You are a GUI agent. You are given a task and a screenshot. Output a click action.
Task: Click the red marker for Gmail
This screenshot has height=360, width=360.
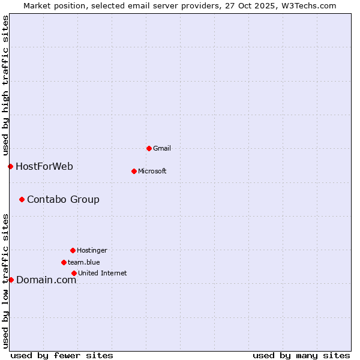(x=149, y=148)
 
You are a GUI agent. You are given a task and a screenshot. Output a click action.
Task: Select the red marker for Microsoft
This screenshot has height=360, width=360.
(x=134, y=171)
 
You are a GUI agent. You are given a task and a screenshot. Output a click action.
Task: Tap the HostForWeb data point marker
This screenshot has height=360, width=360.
(x=10, y=166)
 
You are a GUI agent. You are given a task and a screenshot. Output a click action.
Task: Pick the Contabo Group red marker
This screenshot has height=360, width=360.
(x=22, y=199)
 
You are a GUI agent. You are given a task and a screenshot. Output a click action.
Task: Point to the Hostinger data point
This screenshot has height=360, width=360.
(x=73, y=250)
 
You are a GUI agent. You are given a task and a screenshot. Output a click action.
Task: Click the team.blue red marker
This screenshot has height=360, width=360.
(x=64, y=262)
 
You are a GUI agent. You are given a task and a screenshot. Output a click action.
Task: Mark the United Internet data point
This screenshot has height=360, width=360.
(x=74, y=273)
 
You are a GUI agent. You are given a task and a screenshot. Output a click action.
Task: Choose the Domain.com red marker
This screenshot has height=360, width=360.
(x=11, y=280)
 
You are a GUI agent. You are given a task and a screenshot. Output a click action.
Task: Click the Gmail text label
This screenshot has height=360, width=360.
(x=162, y=148)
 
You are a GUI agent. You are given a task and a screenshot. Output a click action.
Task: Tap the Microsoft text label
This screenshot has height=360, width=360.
(x=152, y=171)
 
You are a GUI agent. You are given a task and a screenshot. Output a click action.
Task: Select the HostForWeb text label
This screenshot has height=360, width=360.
(x=44, y=166)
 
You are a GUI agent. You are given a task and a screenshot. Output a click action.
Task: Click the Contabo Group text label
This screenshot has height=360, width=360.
(x=63, y=199)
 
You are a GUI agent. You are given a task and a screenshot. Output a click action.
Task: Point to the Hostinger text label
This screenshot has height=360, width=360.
(x=92, y=250)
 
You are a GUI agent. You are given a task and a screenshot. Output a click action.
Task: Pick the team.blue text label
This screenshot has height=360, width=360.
(x=84, y=262)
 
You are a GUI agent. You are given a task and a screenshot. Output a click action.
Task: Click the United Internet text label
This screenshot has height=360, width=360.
(x=103, y=273)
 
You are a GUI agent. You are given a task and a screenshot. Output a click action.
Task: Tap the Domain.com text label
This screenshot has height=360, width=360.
(x=46, y=280)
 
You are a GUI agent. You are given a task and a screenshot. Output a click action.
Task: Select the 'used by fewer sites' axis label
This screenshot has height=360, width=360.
(x=62, y=355)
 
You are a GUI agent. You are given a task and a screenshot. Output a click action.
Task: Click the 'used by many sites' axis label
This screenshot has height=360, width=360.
(x=301, y=355)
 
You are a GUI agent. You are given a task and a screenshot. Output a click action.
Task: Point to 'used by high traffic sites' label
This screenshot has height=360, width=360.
(x=5, y=84)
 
